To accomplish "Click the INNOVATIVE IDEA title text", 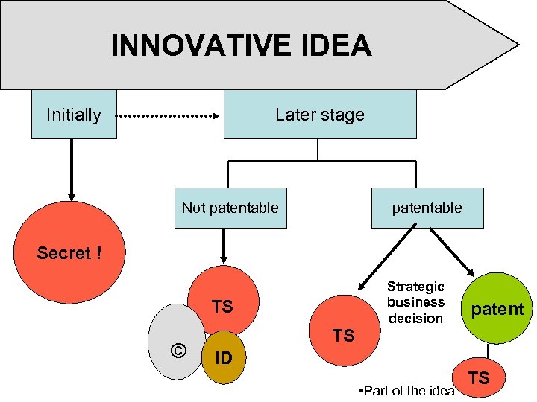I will tap(241, 46).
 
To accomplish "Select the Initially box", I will tap(74, 115).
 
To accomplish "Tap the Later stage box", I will tap(320, 115).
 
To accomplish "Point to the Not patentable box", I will tap(230, 208).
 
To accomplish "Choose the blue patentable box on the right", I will tap(427, 208).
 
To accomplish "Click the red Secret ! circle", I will tap(70, 253).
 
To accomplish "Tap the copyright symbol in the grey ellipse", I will tap(177, 348).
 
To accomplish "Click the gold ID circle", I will tap(224, 358).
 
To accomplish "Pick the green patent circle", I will tap(497, 309).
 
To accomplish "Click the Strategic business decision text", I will tap(415, 302).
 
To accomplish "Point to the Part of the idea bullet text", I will tap(406, 391).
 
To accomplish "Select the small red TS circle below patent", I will tap(479, 377).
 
